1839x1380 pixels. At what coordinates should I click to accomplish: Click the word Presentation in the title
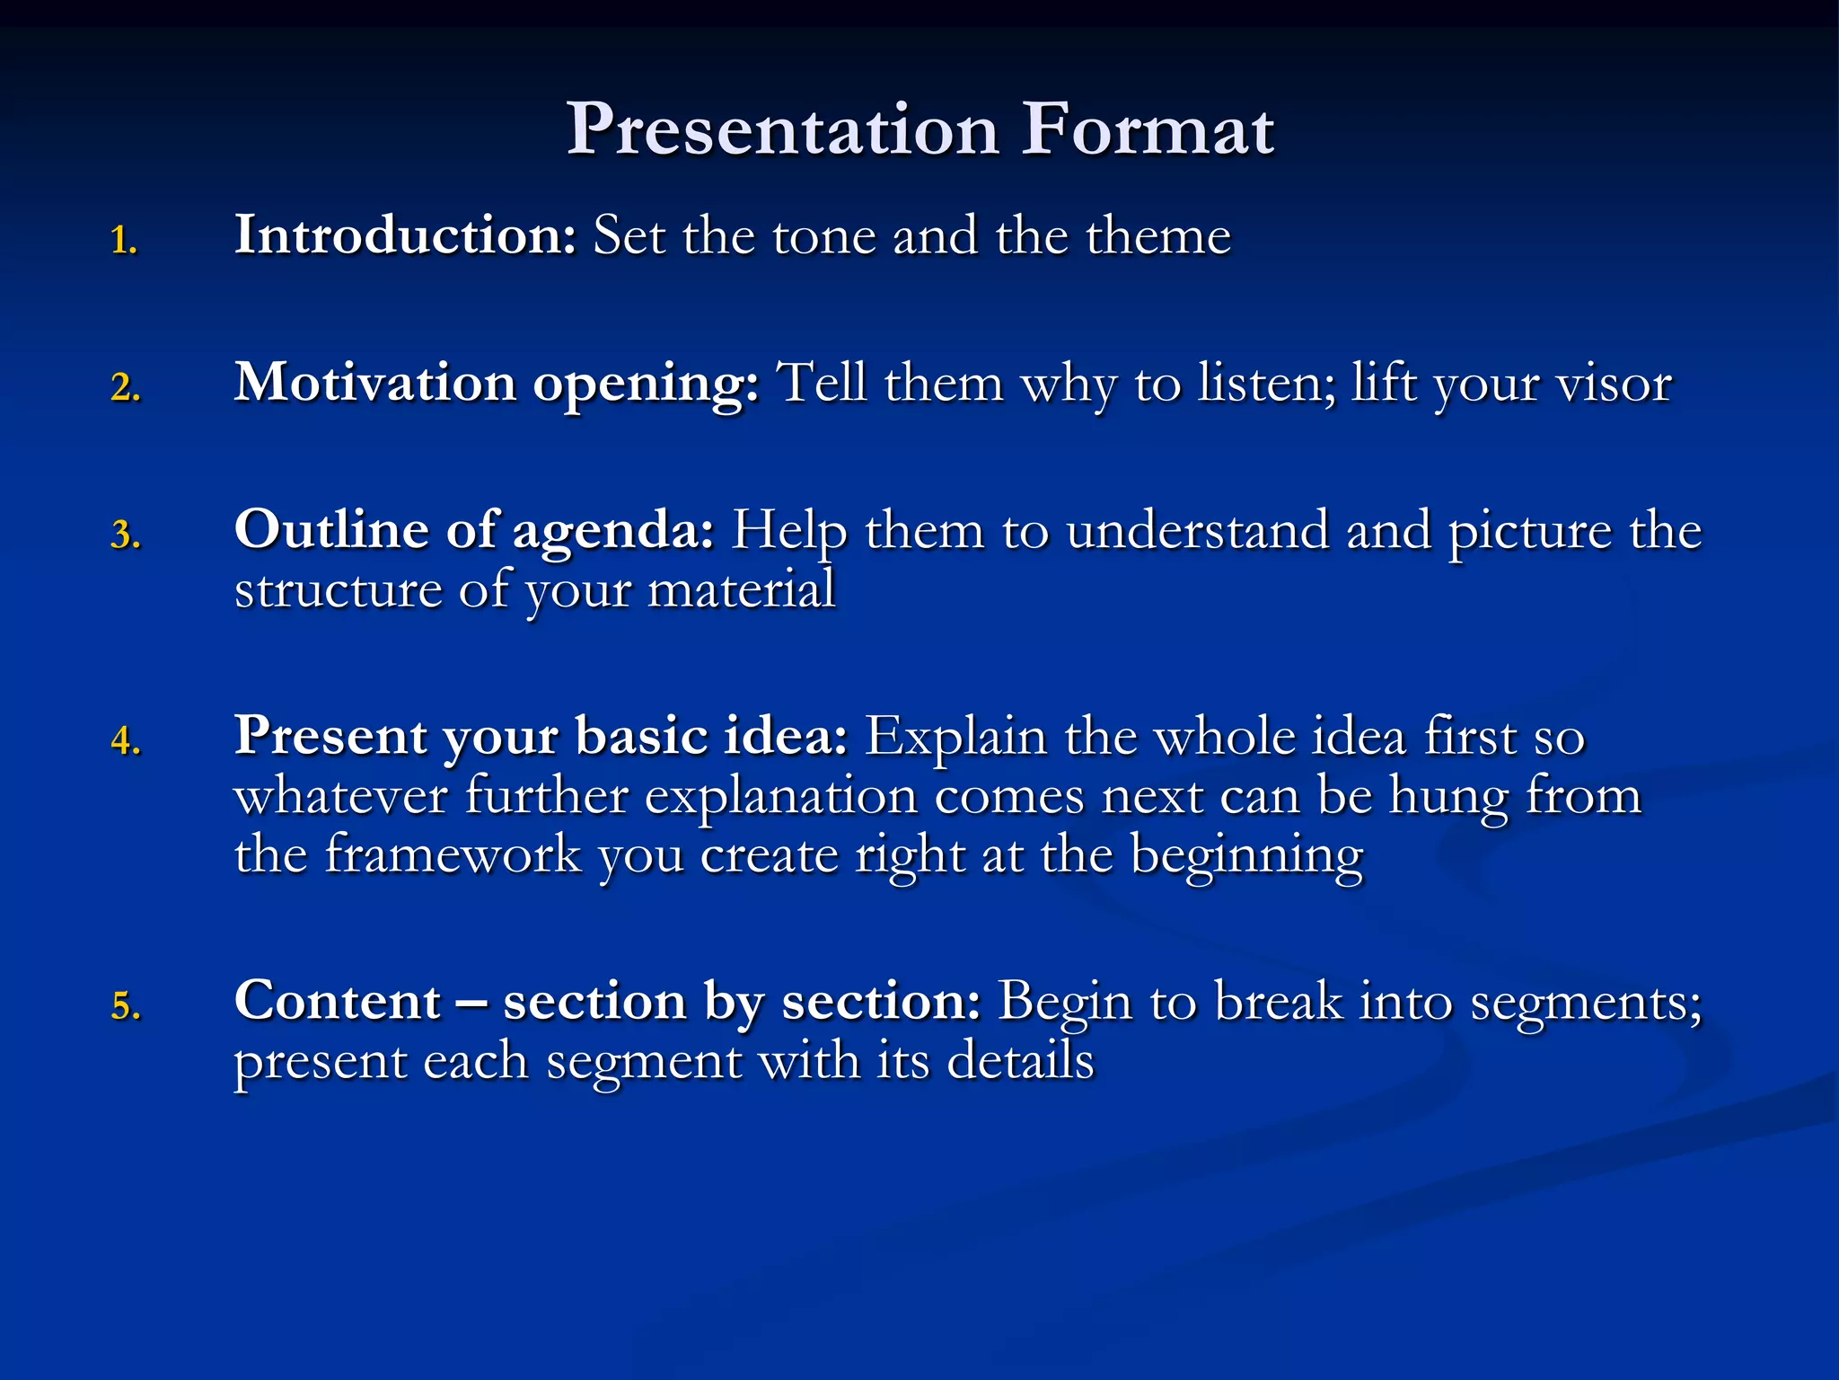pos(782,130)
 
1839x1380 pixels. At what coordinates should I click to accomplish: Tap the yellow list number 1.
pos(124,241)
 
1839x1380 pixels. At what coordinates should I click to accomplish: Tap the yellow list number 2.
pos(126,388)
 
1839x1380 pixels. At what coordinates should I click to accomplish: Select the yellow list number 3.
pos(126,535)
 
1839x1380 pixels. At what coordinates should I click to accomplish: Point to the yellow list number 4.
pos(126,742)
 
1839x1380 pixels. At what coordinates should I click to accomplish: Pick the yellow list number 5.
pos(126,1006)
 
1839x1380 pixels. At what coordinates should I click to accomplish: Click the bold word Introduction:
pos(405,235)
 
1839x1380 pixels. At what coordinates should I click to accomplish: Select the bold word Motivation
pos(374,383)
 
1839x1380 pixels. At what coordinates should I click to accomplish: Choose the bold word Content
pos(338,1001)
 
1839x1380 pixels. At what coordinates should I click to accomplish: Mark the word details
pos(1020,1061)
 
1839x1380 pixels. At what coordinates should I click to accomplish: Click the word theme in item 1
pos(1157,236)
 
